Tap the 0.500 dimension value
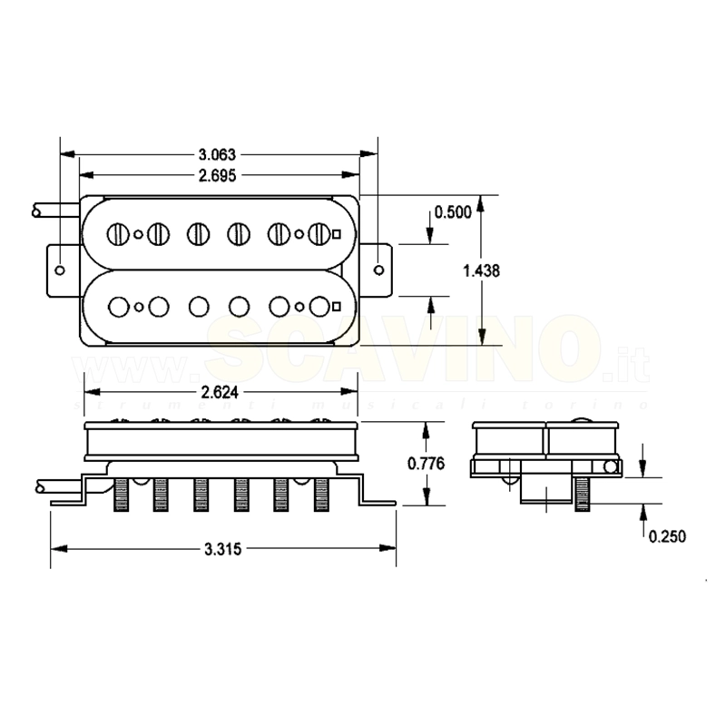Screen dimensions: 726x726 tap(453, 212)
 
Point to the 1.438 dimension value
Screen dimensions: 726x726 tap(481, 270)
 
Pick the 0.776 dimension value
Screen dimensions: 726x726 tap(425, 464)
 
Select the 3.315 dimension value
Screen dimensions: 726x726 tap(222, 548)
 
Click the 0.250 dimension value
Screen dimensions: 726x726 tap(667, 536)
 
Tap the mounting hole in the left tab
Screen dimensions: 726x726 tap(60, 270)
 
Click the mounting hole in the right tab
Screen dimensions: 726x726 tap(378, 270)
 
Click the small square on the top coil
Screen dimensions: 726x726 tap(337, 233)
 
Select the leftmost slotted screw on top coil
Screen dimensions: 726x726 tap(118, 233)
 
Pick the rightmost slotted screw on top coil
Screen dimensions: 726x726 tap(318, 233)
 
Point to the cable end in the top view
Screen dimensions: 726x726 tap(37, 211)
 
